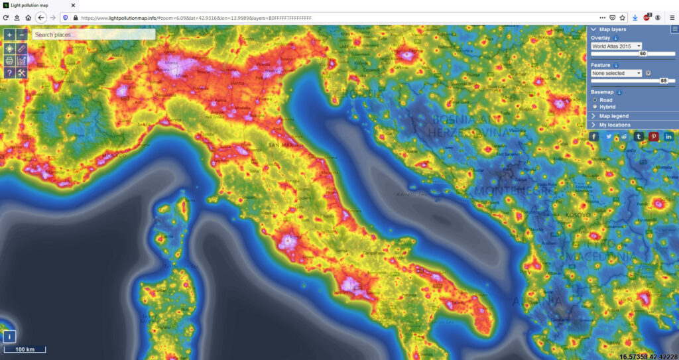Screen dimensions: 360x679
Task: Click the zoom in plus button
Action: [9, 34]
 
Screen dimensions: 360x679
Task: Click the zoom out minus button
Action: [22, 34]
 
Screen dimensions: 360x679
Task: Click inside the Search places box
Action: [93, 34]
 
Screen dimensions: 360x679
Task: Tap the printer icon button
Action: [9, 60]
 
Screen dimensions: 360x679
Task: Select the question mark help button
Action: [9, 73]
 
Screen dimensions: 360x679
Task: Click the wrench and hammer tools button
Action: [22, 73]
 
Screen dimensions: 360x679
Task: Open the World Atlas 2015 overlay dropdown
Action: [616, 46]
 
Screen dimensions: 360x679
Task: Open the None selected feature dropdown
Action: [616, 73]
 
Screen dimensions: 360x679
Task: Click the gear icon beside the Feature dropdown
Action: [648, 73]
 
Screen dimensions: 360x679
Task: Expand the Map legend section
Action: [613, 116]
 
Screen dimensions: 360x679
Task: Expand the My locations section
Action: [615, 125]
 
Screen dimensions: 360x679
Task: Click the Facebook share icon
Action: [593, 136]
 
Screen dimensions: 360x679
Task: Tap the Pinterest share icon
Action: [654, 136]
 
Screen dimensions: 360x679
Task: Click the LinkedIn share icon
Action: [669, 136]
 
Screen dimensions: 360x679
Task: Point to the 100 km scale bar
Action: [25, 349]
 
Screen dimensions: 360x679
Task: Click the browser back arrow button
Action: [41, 17]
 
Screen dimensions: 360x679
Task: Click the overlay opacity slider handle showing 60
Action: [643, 53]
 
